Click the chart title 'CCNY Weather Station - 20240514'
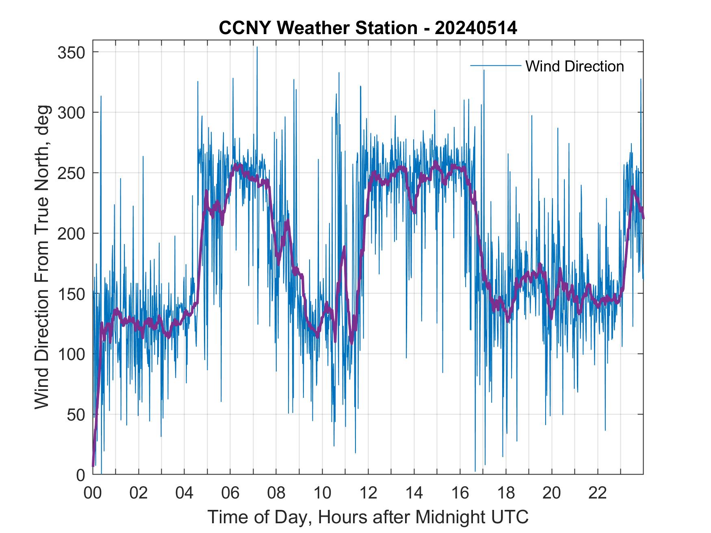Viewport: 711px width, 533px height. click(368, 28)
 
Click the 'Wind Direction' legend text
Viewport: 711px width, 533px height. click(574, 66)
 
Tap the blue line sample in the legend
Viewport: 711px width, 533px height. click(495, 66)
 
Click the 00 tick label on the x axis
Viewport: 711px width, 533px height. click(93, 493)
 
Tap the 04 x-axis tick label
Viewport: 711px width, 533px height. click(184, 493)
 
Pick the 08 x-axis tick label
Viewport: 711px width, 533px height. click(276, 493)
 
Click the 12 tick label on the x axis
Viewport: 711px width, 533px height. click(368, 493)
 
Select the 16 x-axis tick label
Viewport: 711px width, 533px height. click(460, 493)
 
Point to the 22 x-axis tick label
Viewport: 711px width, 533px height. click(598, 493)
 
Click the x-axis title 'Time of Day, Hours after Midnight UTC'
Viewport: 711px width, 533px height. click(368, 517)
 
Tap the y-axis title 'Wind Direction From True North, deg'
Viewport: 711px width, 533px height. click(42, 257)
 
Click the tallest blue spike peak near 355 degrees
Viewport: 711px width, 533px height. click(257, 47)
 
